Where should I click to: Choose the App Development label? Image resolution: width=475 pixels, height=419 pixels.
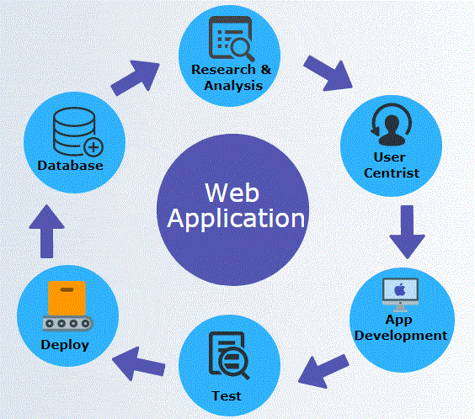pos(400,327)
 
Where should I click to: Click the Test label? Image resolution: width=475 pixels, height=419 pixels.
pos(227,395)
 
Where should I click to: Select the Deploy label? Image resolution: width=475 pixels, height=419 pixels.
pos(65,344)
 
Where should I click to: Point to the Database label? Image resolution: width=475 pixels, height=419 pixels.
pos(70,166)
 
